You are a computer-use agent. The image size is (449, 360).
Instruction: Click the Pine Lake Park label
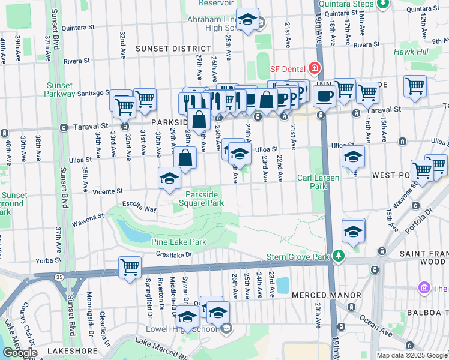click(178, 242)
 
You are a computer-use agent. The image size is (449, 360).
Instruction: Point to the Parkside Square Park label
click(204, 199)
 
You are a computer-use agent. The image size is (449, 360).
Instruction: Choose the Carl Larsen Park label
click(318, 182)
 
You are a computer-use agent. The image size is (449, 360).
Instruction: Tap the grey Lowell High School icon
click(226, 328)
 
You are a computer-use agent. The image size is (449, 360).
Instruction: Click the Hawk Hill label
click(411, 52)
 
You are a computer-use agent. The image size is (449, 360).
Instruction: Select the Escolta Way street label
click(139, 208)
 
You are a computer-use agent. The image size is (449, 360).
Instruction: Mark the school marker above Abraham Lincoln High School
click(247, 19)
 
